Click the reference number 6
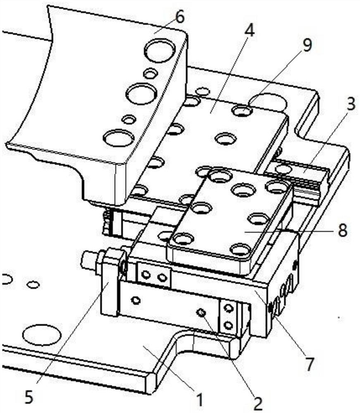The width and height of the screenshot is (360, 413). click(x=180, y=17)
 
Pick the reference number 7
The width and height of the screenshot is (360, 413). click(x=308, y=363)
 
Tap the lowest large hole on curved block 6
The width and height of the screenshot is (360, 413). click(x=118, y=138)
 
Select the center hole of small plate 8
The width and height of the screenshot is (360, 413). click(x=243, y=190)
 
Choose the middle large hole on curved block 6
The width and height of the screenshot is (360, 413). click(x=141, y=94)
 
